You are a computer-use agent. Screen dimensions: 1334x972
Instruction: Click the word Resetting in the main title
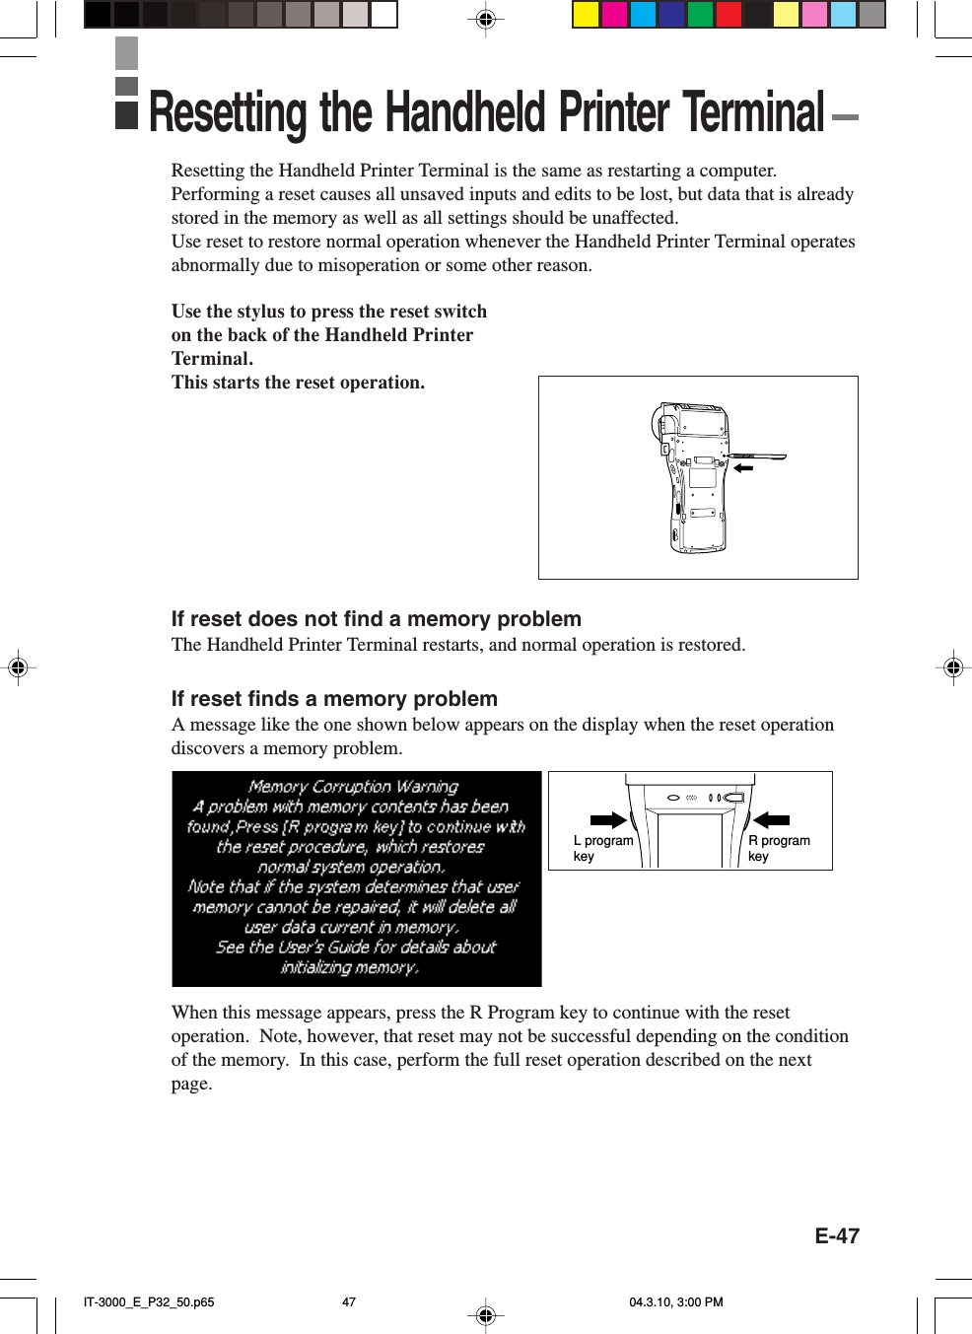(228, 112)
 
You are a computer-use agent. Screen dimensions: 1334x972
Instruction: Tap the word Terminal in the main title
(753, 112)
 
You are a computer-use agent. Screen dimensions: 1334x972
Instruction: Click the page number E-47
(837, 1235)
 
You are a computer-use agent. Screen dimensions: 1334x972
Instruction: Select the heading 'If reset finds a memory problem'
(334, 699)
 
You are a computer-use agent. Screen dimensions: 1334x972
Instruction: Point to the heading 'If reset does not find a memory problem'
(376, 619)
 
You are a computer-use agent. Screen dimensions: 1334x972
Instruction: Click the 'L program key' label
(602, 848)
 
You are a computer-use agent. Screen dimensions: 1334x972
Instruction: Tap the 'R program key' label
(778, 848)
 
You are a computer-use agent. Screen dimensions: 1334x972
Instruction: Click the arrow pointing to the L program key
(608, 820)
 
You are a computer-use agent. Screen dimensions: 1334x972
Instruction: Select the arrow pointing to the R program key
(771, 820)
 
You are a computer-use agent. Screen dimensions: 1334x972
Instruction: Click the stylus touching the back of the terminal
(759, 457)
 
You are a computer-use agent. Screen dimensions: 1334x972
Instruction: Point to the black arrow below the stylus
(742, 468)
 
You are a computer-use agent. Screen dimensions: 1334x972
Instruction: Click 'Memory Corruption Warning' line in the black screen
(353, 787)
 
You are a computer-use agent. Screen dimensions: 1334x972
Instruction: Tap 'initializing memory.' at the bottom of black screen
(350, 967)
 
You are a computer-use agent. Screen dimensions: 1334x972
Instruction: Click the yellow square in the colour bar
(586, 14)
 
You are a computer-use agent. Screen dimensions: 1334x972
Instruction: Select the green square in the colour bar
(700, 14)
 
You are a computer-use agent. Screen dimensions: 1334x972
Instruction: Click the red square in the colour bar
(729, 14)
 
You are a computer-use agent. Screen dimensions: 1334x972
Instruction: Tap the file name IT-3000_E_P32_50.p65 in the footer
(149, 1301)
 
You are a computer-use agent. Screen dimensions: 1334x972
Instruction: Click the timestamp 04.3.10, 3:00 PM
(676, 1301)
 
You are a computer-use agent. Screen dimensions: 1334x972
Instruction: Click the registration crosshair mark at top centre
(485, 19)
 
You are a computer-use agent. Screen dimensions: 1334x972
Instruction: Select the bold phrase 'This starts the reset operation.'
(298, 383)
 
